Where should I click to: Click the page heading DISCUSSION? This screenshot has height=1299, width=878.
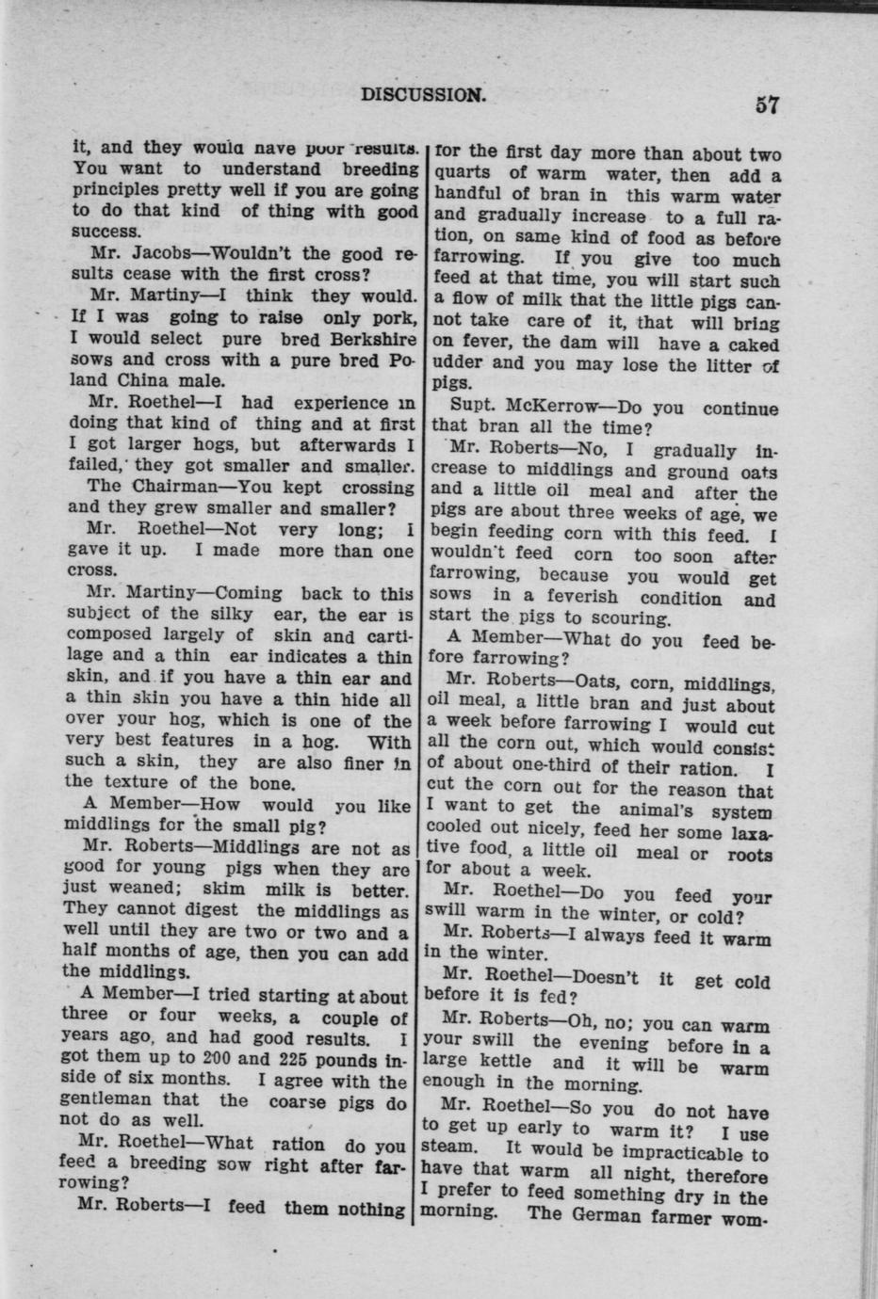[x=423, y=93]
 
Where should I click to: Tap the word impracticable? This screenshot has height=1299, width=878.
[x=690, y=1153]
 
